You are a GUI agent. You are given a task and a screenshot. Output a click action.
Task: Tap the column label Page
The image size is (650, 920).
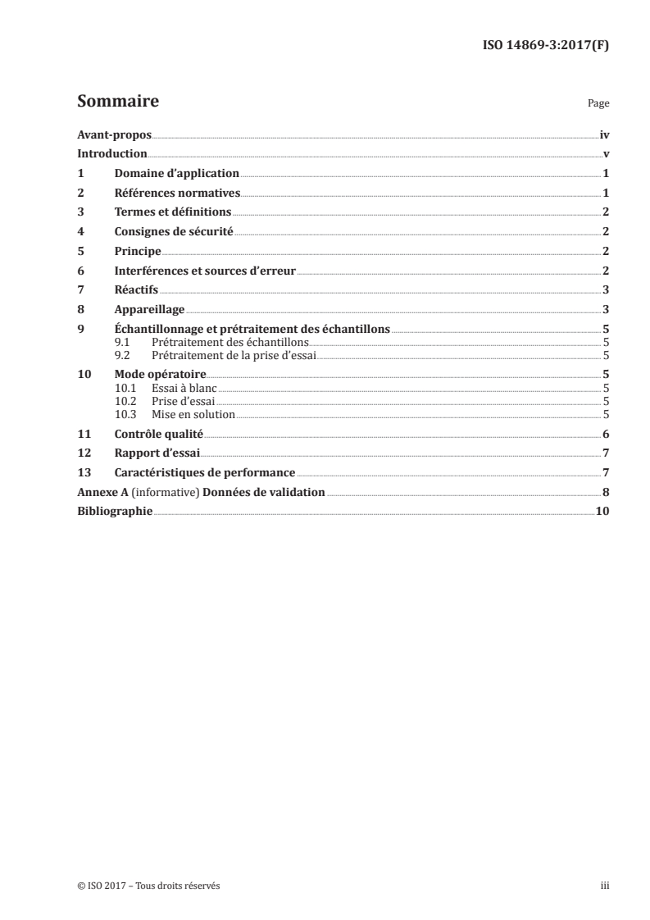coord(598,105)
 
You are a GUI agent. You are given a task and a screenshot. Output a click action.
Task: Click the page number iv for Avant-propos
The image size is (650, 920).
coord(604,134)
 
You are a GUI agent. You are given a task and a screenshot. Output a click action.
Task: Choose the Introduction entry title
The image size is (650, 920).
coord(111,154)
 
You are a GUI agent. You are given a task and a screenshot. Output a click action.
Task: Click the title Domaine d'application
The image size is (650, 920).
coord(176,173)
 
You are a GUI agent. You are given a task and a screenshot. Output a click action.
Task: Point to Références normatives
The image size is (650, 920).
coord(176,193)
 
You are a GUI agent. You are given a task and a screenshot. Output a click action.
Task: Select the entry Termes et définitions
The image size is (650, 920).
coord(172,212)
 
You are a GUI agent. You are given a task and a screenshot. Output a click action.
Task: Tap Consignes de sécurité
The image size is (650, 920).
coord(174,232)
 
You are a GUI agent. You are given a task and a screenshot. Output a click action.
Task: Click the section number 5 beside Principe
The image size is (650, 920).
coord(80,251)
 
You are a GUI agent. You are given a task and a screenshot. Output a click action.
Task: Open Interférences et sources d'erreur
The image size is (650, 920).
coord(204,271)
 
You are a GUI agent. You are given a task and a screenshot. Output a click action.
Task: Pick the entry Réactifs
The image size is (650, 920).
coord(136,289)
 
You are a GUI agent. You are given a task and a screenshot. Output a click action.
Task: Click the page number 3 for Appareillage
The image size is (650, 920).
coord(605,309)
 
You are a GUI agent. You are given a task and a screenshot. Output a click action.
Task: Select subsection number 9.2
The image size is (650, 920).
coord(123,355)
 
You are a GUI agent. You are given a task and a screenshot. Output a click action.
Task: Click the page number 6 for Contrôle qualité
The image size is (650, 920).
coord(605,434)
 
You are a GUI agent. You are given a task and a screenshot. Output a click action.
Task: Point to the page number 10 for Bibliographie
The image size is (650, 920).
coord(602,512)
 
